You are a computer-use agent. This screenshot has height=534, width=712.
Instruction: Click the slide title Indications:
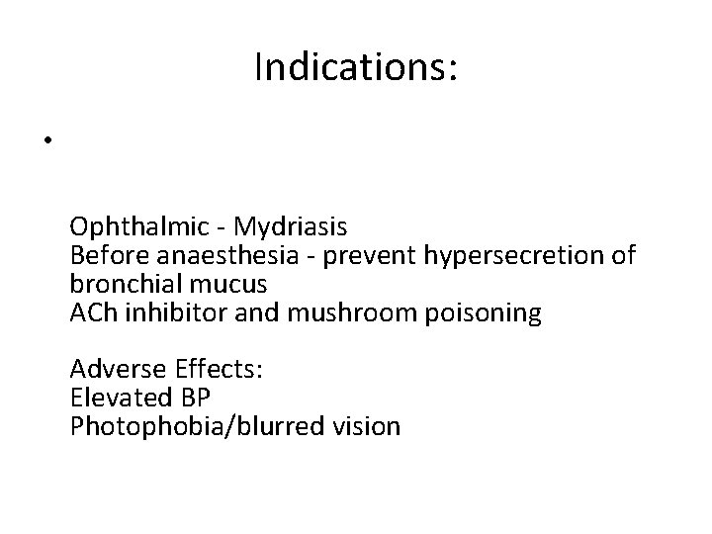pyautogui.click(x=356, y=68)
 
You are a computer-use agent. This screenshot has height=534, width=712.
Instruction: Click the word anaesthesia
pyautogui.click(x=207, y=256)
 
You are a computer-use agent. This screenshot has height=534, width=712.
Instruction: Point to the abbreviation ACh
pyautogui.click(x=92, y=313)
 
